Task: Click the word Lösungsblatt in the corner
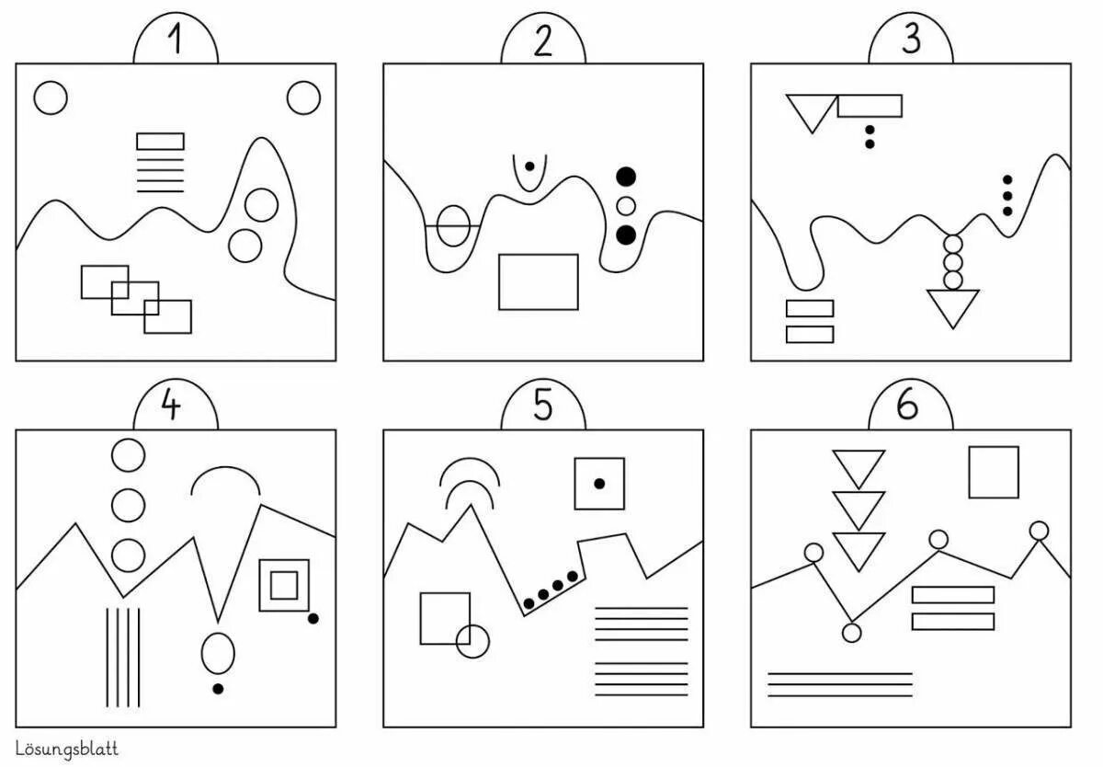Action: pyautogui.click(x=67, y=750)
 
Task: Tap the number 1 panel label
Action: pyautogui.click(x=175, y=42)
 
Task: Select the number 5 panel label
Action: pyautogui.click(x=543, y=406)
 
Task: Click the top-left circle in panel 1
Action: pyautogui.click(x=51, y=97)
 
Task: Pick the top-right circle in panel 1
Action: pyautogui.click(x=303, y=97)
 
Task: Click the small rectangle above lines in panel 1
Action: pyautogui.click(x=160, y=141)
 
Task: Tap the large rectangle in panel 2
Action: pyautogui.click(x=538, y=281)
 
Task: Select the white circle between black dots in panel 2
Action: pyautogui.click(x=626, y=205)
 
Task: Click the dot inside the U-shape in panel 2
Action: pyautogui.click(x=529, y=166)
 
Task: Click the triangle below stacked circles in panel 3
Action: pyautogui.click(x=953, y=306)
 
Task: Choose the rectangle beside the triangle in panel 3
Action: pyautogui.click(x=870, y=106)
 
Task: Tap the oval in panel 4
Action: pyautogui.click(x=218, y=652)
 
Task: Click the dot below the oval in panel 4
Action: pyautogui.click(x=218, y=688)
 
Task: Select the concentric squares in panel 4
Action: pyautogui.click(x=284, y=584)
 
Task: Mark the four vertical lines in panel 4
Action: pyautogui.click(x=122, y=654)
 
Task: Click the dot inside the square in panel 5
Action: pyautogui.click(x=599, y=483)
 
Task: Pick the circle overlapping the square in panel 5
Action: pyautogui.click(x=472, y=641)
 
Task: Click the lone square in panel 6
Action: pyautogui.click(x=994, y=472)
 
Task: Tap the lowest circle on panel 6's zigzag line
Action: pyautogui.click(x=852, y=632)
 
